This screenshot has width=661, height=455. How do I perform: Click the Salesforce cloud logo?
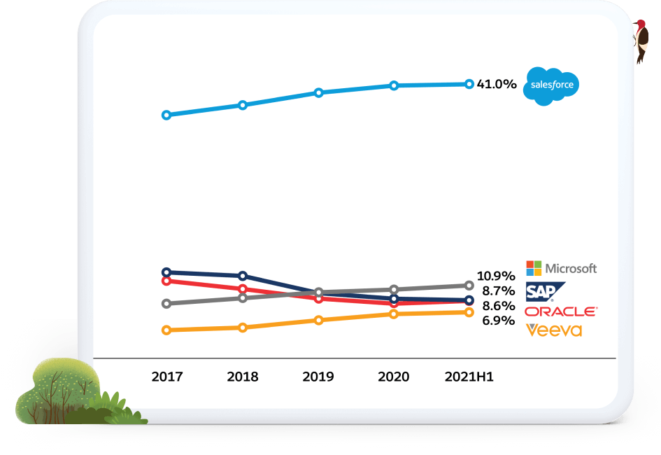point(553,85)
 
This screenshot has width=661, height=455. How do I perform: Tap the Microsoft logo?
point(561,268)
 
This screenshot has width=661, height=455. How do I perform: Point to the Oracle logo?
point(560,311)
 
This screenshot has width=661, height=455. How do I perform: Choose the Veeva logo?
point(554,330)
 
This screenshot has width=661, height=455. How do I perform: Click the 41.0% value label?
point(497,85)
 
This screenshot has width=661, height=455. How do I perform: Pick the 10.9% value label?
point(496,276)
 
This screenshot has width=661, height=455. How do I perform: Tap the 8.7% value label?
point(499,291)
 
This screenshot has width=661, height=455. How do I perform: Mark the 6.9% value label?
point(499,321)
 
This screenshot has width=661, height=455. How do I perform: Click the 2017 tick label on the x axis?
point(167,377)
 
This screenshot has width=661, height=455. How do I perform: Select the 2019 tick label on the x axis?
point(318,377)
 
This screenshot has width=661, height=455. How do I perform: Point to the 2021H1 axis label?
point(469,377)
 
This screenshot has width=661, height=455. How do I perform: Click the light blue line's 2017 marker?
point(166,115)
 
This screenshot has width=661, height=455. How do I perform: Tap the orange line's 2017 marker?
point(166,330)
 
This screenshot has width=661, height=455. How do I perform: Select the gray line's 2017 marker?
point(166,304)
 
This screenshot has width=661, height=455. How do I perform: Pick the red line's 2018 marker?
point(243,289)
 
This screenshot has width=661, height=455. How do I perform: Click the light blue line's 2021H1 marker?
point(469,84)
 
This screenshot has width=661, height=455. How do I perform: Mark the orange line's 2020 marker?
point(394,314)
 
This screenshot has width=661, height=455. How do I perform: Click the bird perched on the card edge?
point(641,41)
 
